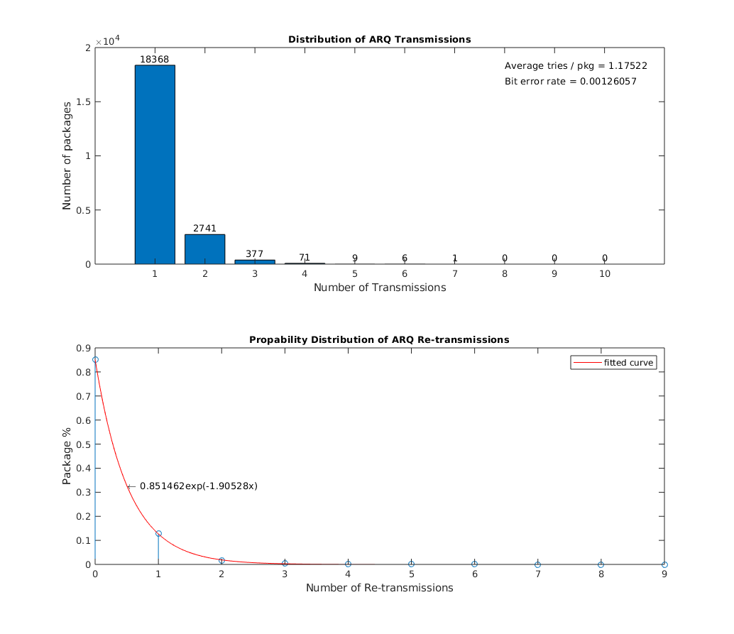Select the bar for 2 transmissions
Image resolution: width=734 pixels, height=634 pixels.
click(204, 249)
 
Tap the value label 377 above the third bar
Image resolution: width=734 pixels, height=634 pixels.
click(255, 253)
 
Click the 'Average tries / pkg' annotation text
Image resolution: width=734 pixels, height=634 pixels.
click(575, 66)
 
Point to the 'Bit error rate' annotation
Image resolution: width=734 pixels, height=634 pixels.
click(570, 82)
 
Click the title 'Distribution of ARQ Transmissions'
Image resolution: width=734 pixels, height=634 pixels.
click(379, 40)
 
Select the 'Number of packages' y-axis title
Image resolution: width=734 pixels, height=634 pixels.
click(67, 155)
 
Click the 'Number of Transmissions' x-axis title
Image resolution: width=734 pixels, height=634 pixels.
click(380, 288)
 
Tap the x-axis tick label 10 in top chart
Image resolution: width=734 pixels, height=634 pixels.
click(605, 274)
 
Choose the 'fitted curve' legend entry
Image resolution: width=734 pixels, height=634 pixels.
click(614, 363)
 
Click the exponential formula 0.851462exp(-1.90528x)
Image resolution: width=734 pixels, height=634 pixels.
click(198, 486)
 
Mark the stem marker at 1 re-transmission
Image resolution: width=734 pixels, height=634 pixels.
click(158, 533)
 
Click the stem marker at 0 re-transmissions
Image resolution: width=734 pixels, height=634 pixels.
click(95, 360)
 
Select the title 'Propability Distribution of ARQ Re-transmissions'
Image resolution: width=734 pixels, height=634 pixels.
click(379, 340)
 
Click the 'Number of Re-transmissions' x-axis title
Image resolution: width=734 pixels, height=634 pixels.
click(379, 588)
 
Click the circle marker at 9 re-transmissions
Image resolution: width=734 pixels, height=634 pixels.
click(664, 564)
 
